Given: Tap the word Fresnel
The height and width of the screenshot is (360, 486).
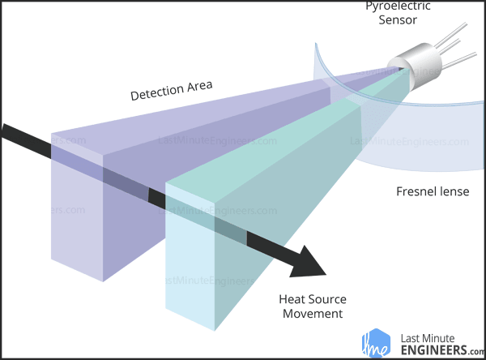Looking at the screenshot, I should [417, 193].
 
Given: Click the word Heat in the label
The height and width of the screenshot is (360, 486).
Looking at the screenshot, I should [292, 298].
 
